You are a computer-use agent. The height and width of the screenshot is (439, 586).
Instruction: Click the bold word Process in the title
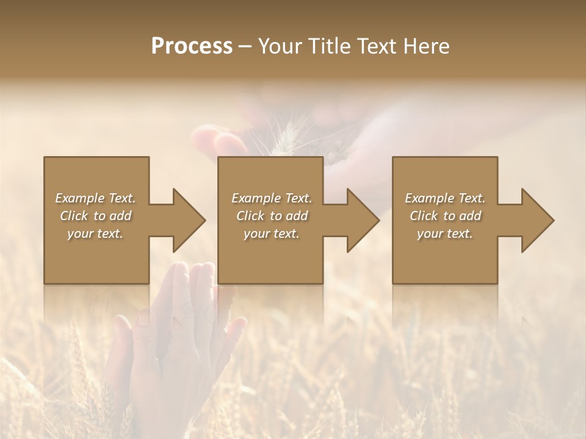[x=192, y=46]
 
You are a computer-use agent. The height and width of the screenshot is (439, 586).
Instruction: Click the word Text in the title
[x=375, y=46]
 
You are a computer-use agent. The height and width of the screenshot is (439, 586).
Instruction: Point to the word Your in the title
[x=281, y=46]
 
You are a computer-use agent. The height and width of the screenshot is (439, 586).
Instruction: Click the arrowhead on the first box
[x=189, y=220]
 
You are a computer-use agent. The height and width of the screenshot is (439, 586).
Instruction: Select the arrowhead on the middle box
[x=363, y=220]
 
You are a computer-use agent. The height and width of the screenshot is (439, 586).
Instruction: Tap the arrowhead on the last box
[x=538, y=220]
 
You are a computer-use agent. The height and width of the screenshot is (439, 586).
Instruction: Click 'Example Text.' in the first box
[x=95, y=198]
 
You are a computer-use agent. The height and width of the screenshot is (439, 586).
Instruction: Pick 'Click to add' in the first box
[x=95, y=216]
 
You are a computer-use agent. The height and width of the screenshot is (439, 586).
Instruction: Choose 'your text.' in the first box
[x=95, y=234]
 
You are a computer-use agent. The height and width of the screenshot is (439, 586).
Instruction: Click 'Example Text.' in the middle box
[x=272, y=198]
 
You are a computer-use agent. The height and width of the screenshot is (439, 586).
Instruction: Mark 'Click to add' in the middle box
[x=272, y=216]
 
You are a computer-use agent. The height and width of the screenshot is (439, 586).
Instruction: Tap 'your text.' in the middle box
[x=272, y=234]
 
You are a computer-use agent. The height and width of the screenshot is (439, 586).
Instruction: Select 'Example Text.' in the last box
[x=445, y=198]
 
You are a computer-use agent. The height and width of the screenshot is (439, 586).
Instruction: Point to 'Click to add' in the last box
[x=445, y=216]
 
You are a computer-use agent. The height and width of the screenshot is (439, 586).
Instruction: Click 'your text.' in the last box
[x=445, y=234]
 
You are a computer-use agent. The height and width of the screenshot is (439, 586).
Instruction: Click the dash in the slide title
[x=245, y=47]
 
